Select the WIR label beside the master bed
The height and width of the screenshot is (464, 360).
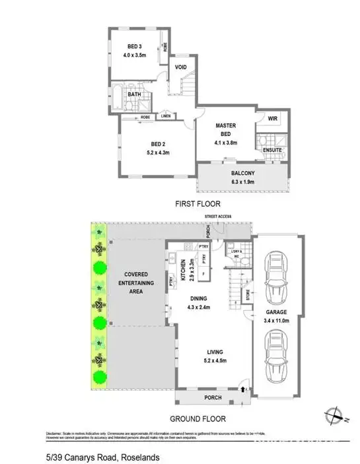pos(271,119)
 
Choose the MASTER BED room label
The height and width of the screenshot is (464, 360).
pos(226,129)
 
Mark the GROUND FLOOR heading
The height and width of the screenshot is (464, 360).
pos(198,418)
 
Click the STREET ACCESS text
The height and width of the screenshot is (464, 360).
pos(219,217)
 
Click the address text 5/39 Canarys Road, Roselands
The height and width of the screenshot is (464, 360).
pos(102,457)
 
